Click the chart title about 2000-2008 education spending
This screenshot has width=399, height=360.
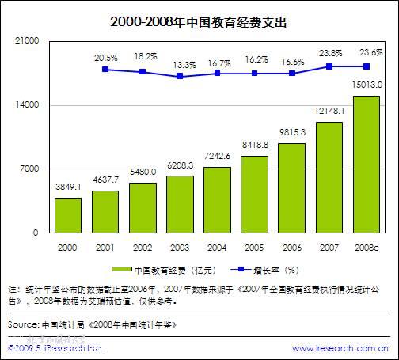point(199,22)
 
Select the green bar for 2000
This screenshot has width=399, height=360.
point(68,215)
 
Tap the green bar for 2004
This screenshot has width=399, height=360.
point(217,200)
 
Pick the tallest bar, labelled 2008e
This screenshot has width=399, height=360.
point(366,165)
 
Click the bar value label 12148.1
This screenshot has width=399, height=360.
point(329,112)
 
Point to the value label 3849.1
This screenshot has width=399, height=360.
point(68,187)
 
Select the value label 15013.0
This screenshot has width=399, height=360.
point(367,85)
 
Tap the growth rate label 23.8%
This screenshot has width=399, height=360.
point(329,54)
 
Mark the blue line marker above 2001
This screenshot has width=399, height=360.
point(105,70)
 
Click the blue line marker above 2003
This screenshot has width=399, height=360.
point(180,76)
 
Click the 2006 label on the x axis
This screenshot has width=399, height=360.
point(291,248)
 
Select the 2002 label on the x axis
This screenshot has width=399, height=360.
point(142,248)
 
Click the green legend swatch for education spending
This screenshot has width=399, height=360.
point(121,269)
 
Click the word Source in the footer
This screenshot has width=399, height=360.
point(22,325)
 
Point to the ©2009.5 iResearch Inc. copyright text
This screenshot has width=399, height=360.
point(55,348)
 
